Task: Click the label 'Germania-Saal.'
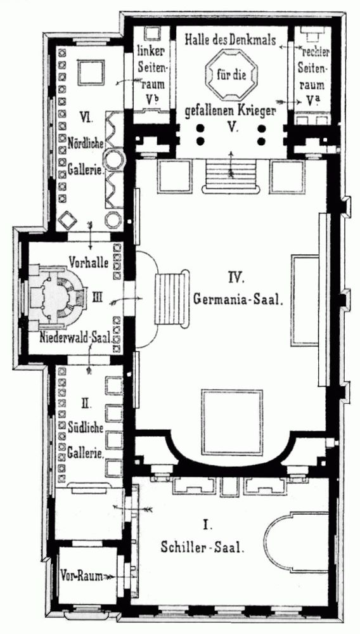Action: tap(236, 300)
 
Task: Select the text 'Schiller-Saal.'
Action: tap(202, 548)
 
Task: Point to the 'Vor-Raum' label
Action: tap(80, 576)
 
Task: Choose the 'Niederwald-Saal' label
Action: tap(75, 338)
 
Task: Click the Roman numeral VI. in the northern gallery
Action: tap(86, 119)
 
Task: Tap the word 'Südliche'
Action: tap(86, 427)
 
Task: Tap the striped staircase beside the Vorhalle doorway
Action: tap(171, 299)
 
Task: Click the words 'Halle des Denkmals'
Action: tap(231, 40)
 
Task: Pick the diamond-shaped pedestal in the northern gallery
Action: tap(67, 221)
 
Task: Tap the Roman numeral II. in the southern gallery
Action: tap(86, 403)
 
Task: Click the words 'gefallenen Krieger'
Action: tap(230, 111)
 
